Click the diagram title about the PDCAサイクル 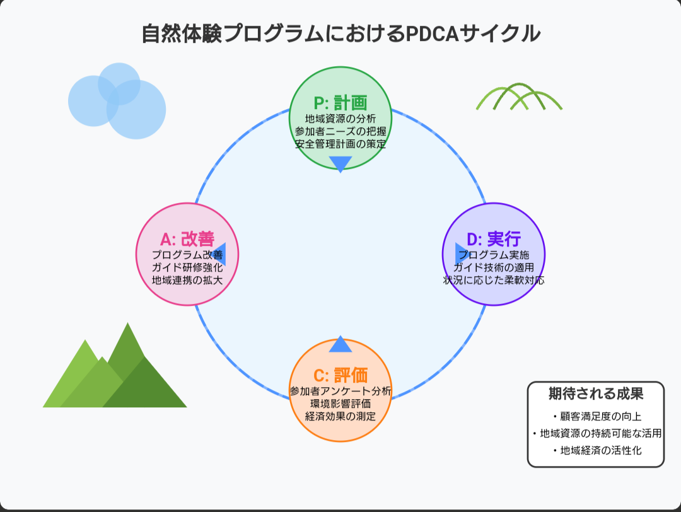[x=340, y=33]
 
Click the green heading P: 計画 [x=340, y=103]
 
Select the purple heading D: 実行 [x=494, y=240]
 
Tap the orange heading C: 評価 [x=340, y=376]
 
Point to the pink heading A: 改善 [x=187, y=240]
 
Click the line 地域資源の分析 [x=340, y=119]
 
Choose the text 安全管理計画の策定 [x=340, y=144]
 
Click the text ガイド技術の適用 [x=494, y=267]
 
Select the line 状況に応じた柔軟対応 [x=494, y=280]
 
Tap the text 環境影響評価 [x=340, y=404]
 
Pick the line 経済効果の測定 [x=340, y=416]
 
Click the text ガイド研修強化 [x=187, y=267]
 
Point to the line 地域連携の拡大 [x=187, y=280]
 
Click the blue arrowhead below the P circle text [x=340, y=163]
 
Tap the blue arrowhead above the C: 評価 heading [x=340, y=345]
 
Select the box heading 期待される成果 [x=596, y=395]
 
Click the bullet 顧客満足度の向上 [x=596, y=417]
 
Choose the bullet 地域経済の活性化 [x=596, y=451]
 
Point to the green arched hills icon [x=519, y=98]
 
